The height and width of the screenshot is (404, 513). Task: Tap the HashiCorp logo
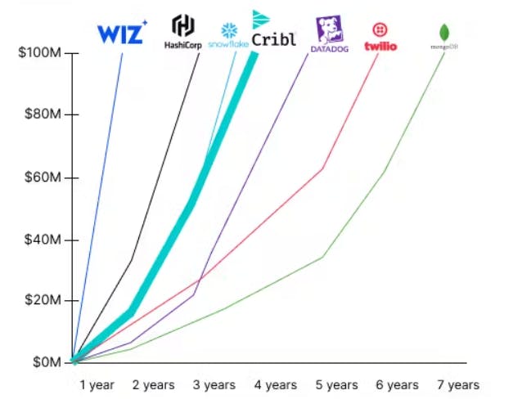(182, 32)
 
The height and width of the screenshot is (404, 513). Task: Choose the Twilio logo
(380, 38)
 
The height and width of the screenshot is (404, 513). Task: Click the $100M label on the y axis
(38, 54)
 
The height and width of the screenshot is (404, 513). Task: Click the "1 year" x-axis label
(97, 384)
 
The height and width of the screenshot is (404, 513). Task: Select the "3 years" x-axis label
(214, 384)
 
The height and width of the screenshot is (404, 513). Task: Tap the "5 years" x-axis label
(336, 384)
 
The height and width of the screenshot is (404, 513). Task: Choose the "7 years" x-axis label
(458, 384)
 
